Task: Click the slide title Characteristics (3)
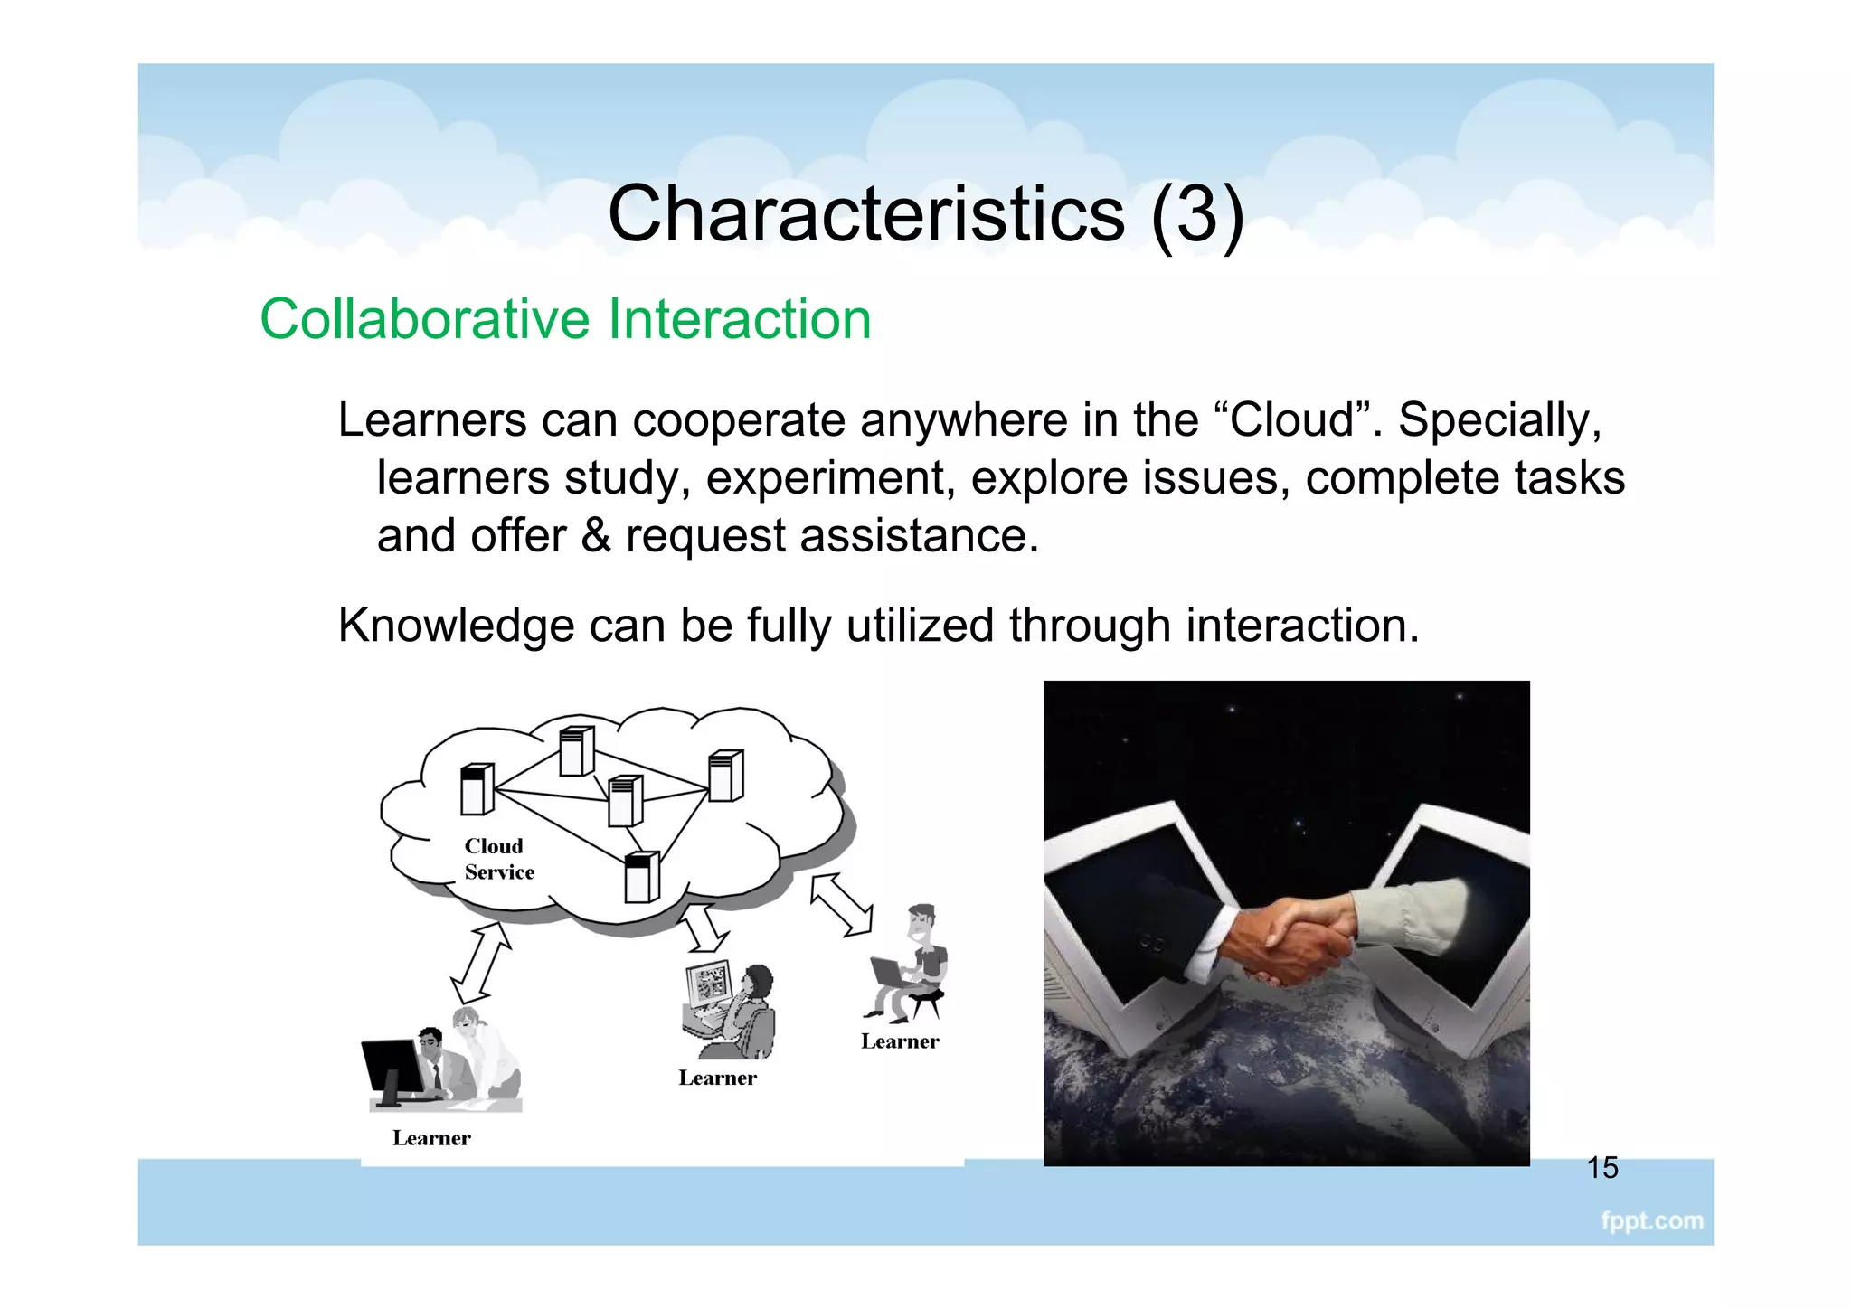tap(925, 213)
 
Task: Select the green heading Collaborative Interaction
tap(565, 319)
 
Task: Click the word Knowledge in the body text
tap(456, 626)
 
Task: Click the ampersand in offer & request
tap(595, 535)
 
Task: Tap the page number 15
tap(1602, 1167)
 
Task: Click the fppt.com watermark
tap(1651, 1220)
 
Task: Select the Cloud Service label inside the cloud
tap(498, 859)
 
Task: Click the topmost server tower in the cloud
tap(576, 750)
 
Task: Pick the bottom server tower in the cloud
tap(641, 877)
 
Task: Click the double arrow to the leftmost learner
tap(481, 964)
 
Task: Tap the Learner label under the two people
tap(431, 1138)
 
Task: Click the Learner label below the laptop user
tap(900, 1041)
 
